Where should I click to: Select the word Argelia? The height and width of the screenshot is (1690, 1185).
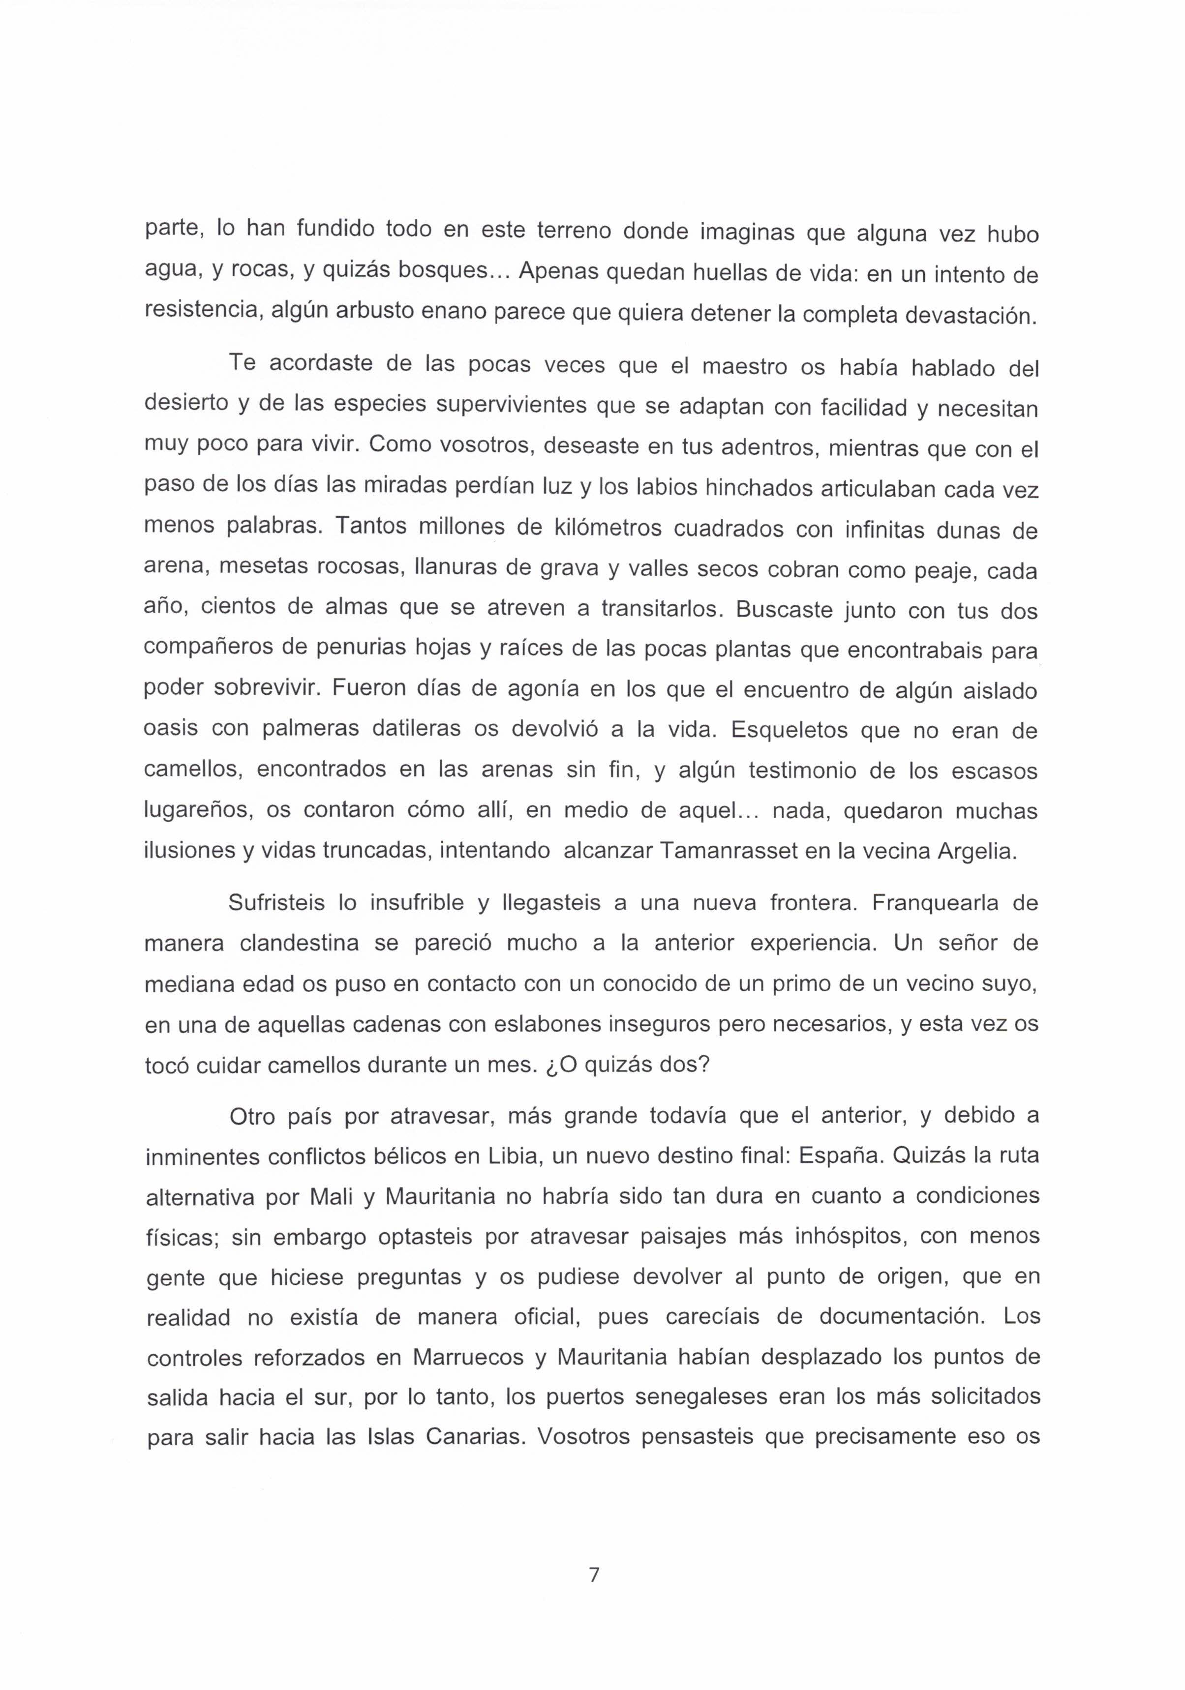coord(976,852)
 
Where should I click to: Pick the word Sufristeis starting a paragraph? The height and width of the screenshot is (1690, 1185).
coord(276,902)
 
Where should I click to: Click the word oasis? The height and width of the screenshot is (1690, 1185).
coord(171,730)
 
